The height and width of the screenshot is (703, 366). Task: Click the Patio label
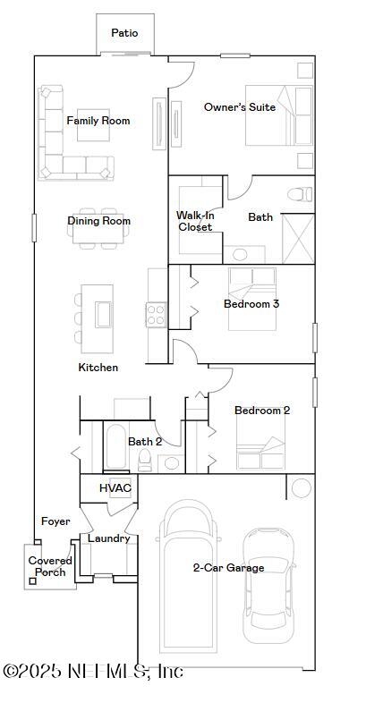pos(124,33)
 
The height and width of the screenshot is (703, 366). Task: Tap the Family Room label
pos(98,121)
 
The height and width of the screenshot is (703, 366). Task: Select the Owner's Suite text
pos(239,107)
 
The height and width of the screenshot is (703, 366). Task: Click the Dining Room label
pos(98,221)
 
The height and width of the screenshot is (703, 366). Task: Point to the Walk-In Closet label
pos(194,221)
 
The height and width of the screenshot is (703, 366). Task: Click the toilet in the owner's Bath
pos(298,193)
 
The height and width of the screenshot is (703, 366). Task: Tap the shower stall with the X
pos(297,239)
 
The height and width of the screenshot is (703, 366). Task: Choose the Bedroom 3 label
pos(251,304)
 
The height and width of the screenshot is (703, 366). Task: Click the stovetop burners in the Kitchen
pos(157,314)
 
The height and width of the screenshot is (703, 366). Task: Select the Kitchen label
pos(98,368)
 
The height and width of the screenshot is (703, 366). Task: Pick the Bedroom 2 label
pos(262,411)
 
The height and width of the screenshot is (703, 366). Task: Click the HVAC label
pos(115,488)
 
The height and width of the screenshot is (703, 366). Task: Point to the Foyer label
pos(55,521)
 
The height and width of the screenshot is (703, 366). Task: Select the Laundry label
pos(109,538)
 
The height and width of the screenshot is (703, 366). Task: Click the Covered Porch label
pos(50,566)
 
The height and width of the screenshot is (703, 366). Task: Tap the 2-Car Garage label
pos(229,568)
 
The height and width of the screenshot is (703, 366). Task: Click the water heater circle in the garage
pos(302,487)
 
